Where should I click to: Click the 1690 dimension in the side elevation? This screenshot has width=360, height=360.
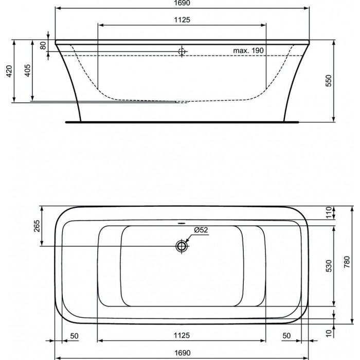(x=182, y=3)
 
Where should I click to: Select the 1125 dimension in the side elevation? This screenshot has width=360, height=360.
(x=182, y=20)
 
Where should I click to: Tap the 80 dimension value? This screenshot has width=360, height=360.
(x=43, y=45)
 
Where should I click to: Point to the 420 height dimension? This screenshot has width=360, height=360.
(x=9, y=71)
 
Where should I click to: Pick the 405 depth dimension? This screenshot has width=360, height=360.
(x=27, y=70)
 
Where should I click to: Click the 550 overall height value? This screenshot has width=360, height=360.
(x=329, y=81)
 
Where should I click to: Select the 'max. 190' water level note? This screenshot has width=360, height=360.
(x=248, y=50)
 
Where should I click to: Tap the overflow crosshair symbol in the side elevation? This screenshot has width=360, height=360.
(x=182, y=51)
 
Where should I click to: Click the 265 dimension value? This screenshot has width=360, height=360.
(x=37, y=226)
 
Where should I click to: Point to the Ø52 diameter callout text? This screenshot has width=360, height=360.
(x=201, y=230)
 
